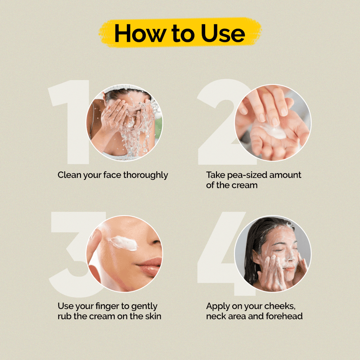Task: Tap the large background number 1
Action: [x=69, y=122]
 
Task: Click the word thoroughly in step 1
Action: [x=145, y=175]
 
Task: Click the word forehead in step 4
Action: [x=284, y=316]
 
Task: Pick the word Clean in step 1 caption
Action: [x=69, y=175]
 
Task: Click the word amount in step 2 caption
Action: [x=285, y=175]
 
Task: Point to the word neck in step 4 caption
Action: [x=215, y=316]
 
